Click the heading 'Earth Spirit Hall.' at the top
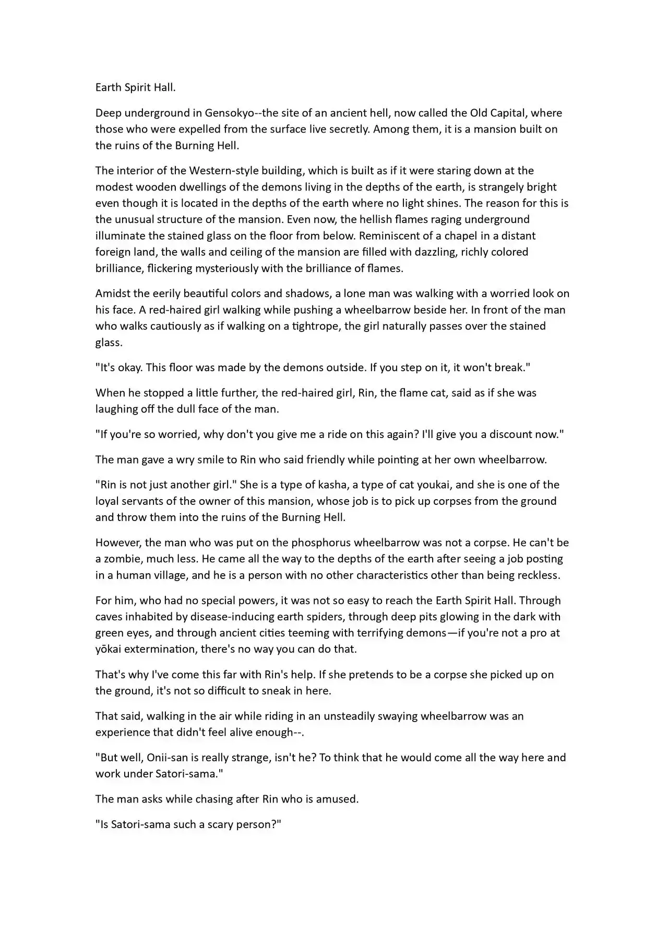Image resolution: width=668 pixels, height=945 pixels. [135, 87]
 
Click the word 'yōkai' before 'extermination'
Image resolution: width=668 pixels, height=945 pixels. [109, 649]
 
